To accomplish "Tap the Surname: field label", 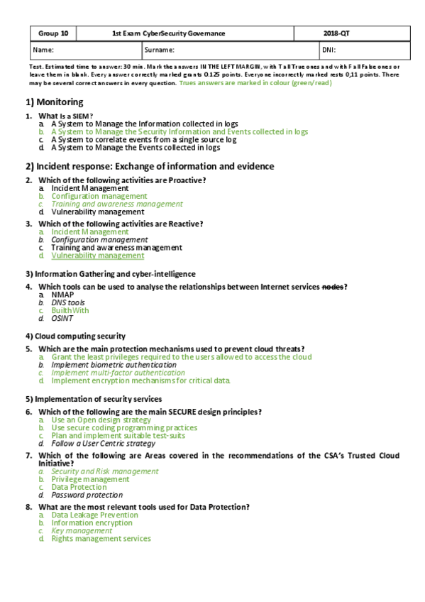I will pos(158,50).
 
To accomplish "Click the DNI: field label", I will pos(329,50).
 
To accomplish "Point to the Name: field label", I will pos(43,50).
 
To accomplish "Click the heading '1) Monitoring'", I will pos(55,102).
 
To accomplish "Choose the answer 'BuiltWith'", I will pos(70,310).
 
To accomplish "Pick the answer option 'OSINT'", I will pos(62,318).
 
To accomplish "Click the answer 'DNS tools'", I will pos(68,302).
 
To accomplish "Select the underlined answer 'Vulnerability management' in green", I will pos(97,256).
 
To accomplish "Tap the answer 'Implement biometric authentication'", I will pos(108,365).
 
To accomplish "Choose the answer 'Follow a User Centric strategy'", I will pos(103,443).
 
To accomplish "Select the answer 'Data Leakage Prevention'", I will pos(94,515).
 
